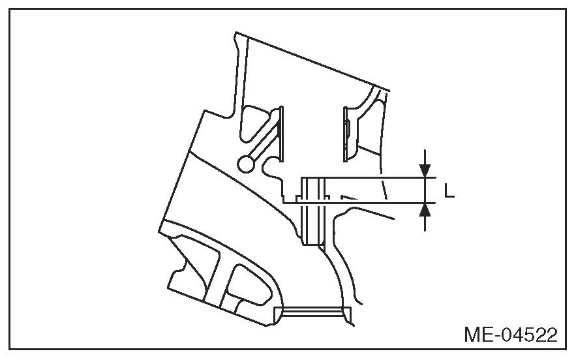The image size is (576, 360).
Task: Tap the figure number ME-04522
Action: pos(511,335)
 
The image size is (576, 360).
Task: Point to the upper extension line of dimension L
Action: pos(365,177)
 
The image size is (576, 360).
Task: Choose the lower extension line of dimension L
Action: pos(365,203)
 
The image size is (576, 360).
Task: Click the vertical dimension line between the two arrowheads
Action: pos(425,190)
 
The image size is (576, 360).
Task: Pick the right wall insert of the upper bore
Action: pos(346,134)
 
